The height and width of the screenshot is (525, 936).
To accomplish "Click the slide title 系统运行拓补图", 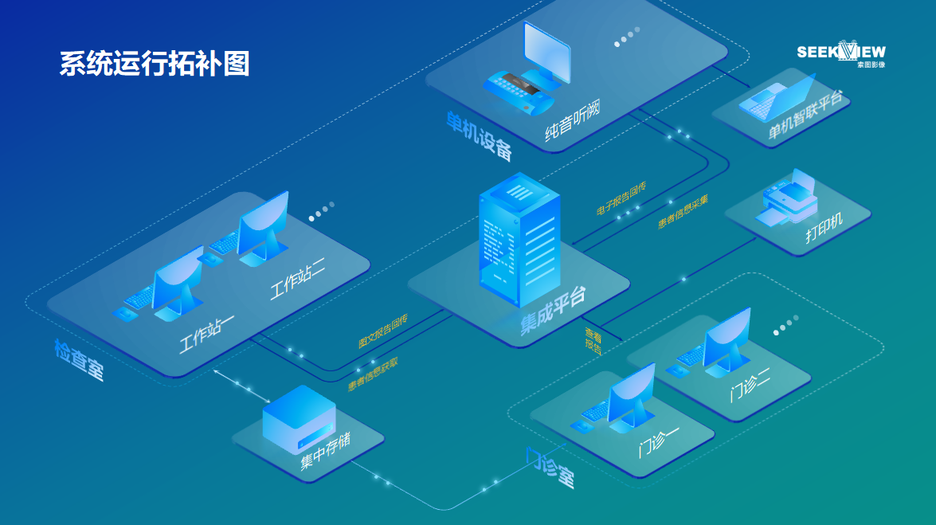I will [x=155, y=64].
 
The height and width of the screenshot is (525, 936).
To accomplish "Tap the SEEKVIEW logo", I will [x=841, y=53].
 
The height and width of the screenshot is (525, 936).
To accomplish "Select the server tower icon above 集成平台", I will [x=519, y=238].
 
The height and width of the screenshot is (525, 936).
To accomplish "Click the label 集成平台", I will [x=554, y=311].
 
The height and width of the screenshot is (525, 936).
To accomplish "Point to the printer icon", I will [x=788, y=199].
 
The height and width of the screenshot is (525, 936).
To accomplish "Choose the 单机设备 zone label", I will [x=479, y=136].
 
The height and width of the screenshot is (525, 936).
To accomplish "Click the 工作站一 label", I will [x=206, y=334].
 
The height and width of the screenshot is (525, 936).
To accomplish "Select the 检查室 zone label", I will [x=79, y=359].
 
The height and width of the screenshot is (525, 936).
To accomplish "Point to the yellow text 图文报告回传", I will [x=382, y=331].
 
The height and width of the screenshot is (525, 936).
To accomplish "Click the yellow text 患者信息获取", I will [x=373, y=374].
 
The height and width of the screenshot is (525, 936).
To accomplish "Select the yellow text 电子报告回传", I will [x=621, y=199].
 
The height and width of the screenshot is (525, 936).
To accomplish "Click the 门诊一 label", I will [x=659, y=438].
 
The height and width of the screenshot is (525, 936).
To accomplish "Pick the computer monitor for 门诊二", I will [x=725, y=339].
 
